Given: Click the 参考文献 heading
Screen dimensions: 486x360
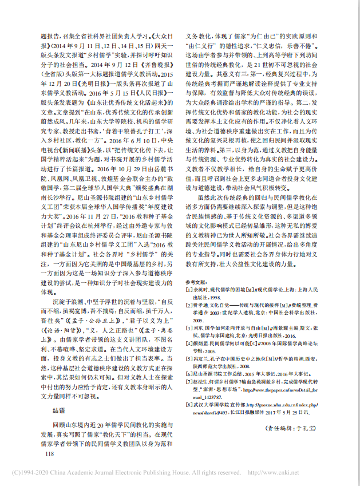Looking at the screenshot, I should click(x=196, y=283).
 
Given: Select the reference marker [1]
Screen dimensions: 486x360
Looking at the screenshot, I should click(x=188, y=290).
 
